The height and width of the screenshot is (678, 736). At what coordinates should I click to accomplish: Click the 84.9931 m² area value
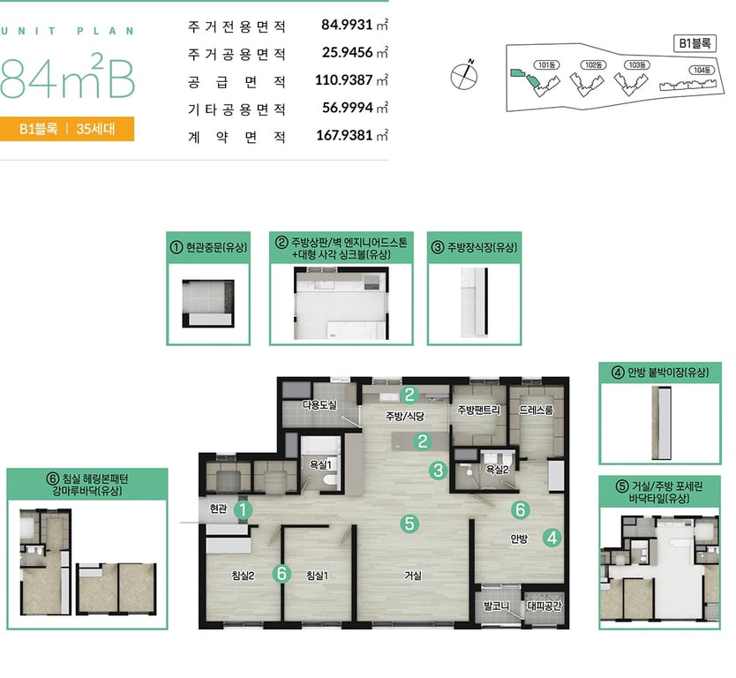[x=355, y=25]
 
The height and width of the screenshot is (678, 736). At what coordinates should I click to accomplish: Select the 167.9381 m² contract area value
[x=352, y=136]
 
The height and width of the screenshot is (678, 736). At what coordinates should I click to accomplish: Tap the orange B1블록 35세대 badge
[x=67, y=129]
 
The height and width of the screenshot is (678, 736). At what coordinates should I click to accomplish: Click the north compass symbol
[x=464, y=75]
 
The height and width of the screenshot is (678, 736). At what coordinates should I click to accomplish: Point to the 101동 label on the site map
[x=546, y=64]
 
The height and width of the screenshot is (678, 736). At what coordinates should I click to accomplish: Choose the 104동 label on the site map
[x=702, y=70]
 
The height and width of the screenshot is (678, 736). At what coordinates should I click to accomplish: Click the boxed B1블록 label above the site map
[x=695, y=43]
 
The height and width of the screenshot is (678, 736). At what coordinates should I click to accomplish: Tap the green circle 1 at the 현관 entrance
[x=243, y=510]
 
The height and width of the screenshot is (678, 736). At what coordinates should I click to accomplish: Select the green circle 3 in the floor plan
[x=439, y=470]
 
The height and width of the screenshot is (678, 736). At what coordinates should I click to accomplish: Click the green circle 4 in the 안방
[x=552, y=538]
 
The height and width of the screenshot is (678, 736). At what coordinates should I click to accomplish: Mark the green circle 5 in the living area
[x=409, y=523]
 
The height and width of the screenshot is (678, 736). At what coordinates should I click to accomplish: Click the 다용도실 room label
[x=319, y=404]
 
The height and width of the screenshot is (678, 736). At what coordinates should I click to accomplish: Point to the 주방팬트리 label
[x=479, y=410]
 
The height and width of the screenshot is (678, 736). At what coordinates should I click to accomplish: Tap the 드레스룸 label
[x=536, y=410]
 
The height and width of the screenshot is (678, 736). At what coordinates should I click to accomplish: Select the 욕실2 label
[x=497, y=469]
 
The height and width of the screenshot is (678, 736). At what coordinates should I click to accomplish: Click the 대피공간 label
[x=544, y=606]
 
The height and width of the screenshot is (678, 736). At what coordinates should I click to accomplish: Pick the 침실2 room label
[x=243, y=576]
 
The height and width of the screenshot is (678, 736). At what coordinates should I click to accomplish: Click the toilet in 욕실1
[x=331, y=481]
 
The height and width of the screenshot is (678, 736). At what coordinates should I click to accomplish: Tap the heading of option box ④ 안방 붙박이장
[x=660, y=373]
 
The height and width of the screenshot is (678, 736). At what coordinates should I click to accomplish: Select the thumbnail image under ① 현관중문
[x=208, y=304]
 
